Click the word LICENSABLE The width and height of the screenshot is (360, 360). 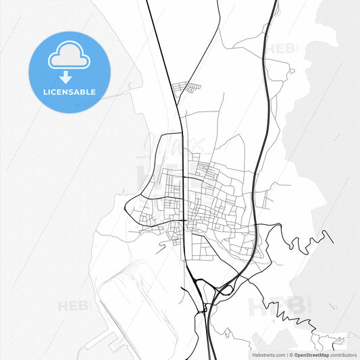click(70, 91)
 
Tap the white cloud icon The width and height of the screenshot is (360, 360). click(69, 57)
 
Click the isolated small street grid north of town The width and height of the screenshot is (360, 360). click(186, 88)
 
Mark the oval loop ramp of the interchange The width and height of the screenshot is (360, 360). click(225, 290)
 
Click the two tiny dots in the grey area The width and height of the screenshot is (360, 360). click(335, 136)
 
